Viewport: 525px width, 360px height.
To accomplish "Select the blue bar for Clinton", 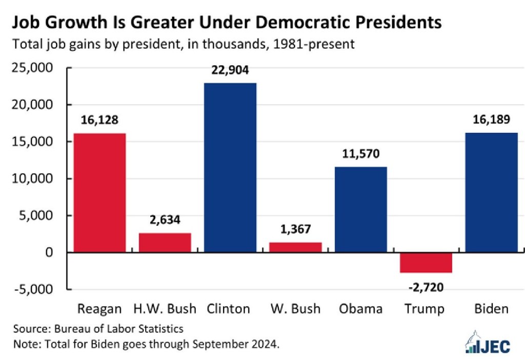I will tap(230, 168).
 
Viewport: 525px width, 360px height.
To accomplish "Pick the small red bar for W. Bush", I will tap(296, 247).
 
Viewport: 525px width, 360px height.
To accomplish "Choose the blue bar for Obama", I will tap(361, 209).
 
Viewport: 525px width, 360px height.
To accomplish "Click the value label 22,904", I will tap(230, 70).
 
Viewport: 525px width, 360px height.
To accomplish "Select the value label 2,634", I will tap(165, 221).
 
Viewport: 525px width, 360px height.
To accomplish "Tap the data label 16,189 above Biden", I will tap(492, 120).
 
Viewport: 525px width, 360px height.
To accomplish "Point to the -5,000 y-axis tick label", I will tap(36, 289).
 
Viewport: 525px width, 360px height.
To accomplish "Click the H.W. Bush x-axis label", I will tap(165, 309).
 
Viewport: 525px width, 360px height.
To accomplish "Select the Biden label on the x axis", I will tap(492, 309).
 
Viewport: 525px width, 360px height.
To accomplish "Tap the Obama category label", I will tap(361, 309).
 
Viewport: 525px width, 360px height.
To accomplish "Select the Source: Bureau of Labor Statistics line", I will tap(98, 328).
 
